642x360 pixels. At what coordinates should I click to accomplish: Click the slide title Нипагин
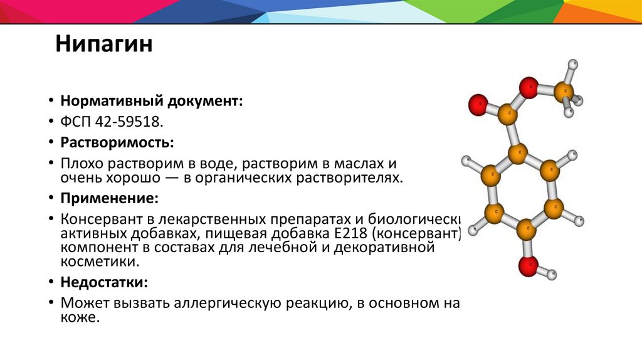tap(103, 45)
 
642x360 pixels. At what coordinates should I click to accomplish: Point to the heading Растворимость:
tap(117, 142)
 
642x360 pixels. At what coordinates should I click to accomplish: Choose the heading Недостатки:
tap(104, 282)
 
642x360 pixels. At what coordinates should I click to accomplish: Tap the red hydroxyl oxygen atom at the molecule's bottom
tap(527, 266)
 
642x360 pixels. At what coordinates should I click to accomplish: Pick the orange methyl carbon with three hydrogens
tap(565, 92)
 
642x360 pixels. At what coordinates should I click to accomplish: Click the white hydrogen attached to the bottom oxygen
tap(552, 274)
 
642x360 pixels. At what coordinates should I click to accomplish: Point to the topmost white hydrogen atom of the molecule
tap(572, 65)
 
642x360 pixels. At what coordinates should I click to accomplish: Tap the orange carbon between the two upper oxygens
tap(508, 115)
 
